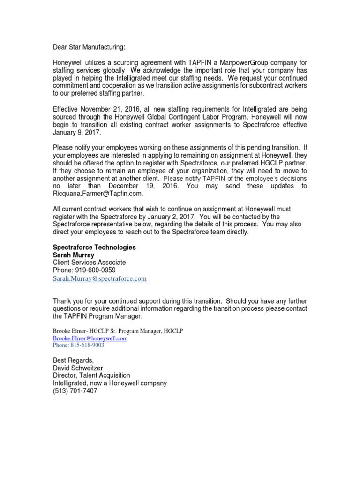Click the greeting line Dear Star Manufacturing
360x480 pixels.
[x=90, y=47]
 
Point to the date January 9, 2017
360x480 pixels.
[x=74, y=133]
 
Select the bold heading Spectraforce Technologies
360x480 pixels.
[x=94, y=247]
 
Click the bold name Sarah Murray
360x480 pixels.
[x=74, y=255]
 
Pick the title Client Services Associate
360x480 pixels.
[x=89, y=262]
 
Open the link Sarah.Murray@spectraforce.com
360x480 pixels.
[x=99, y=278]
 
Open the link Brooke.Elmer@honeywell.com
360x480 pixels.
[x=90, y=338]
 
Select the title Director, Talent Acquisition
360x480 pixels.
[x=91, y=375]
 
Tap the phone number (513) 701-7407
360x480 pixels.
[x=75, y=390]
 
